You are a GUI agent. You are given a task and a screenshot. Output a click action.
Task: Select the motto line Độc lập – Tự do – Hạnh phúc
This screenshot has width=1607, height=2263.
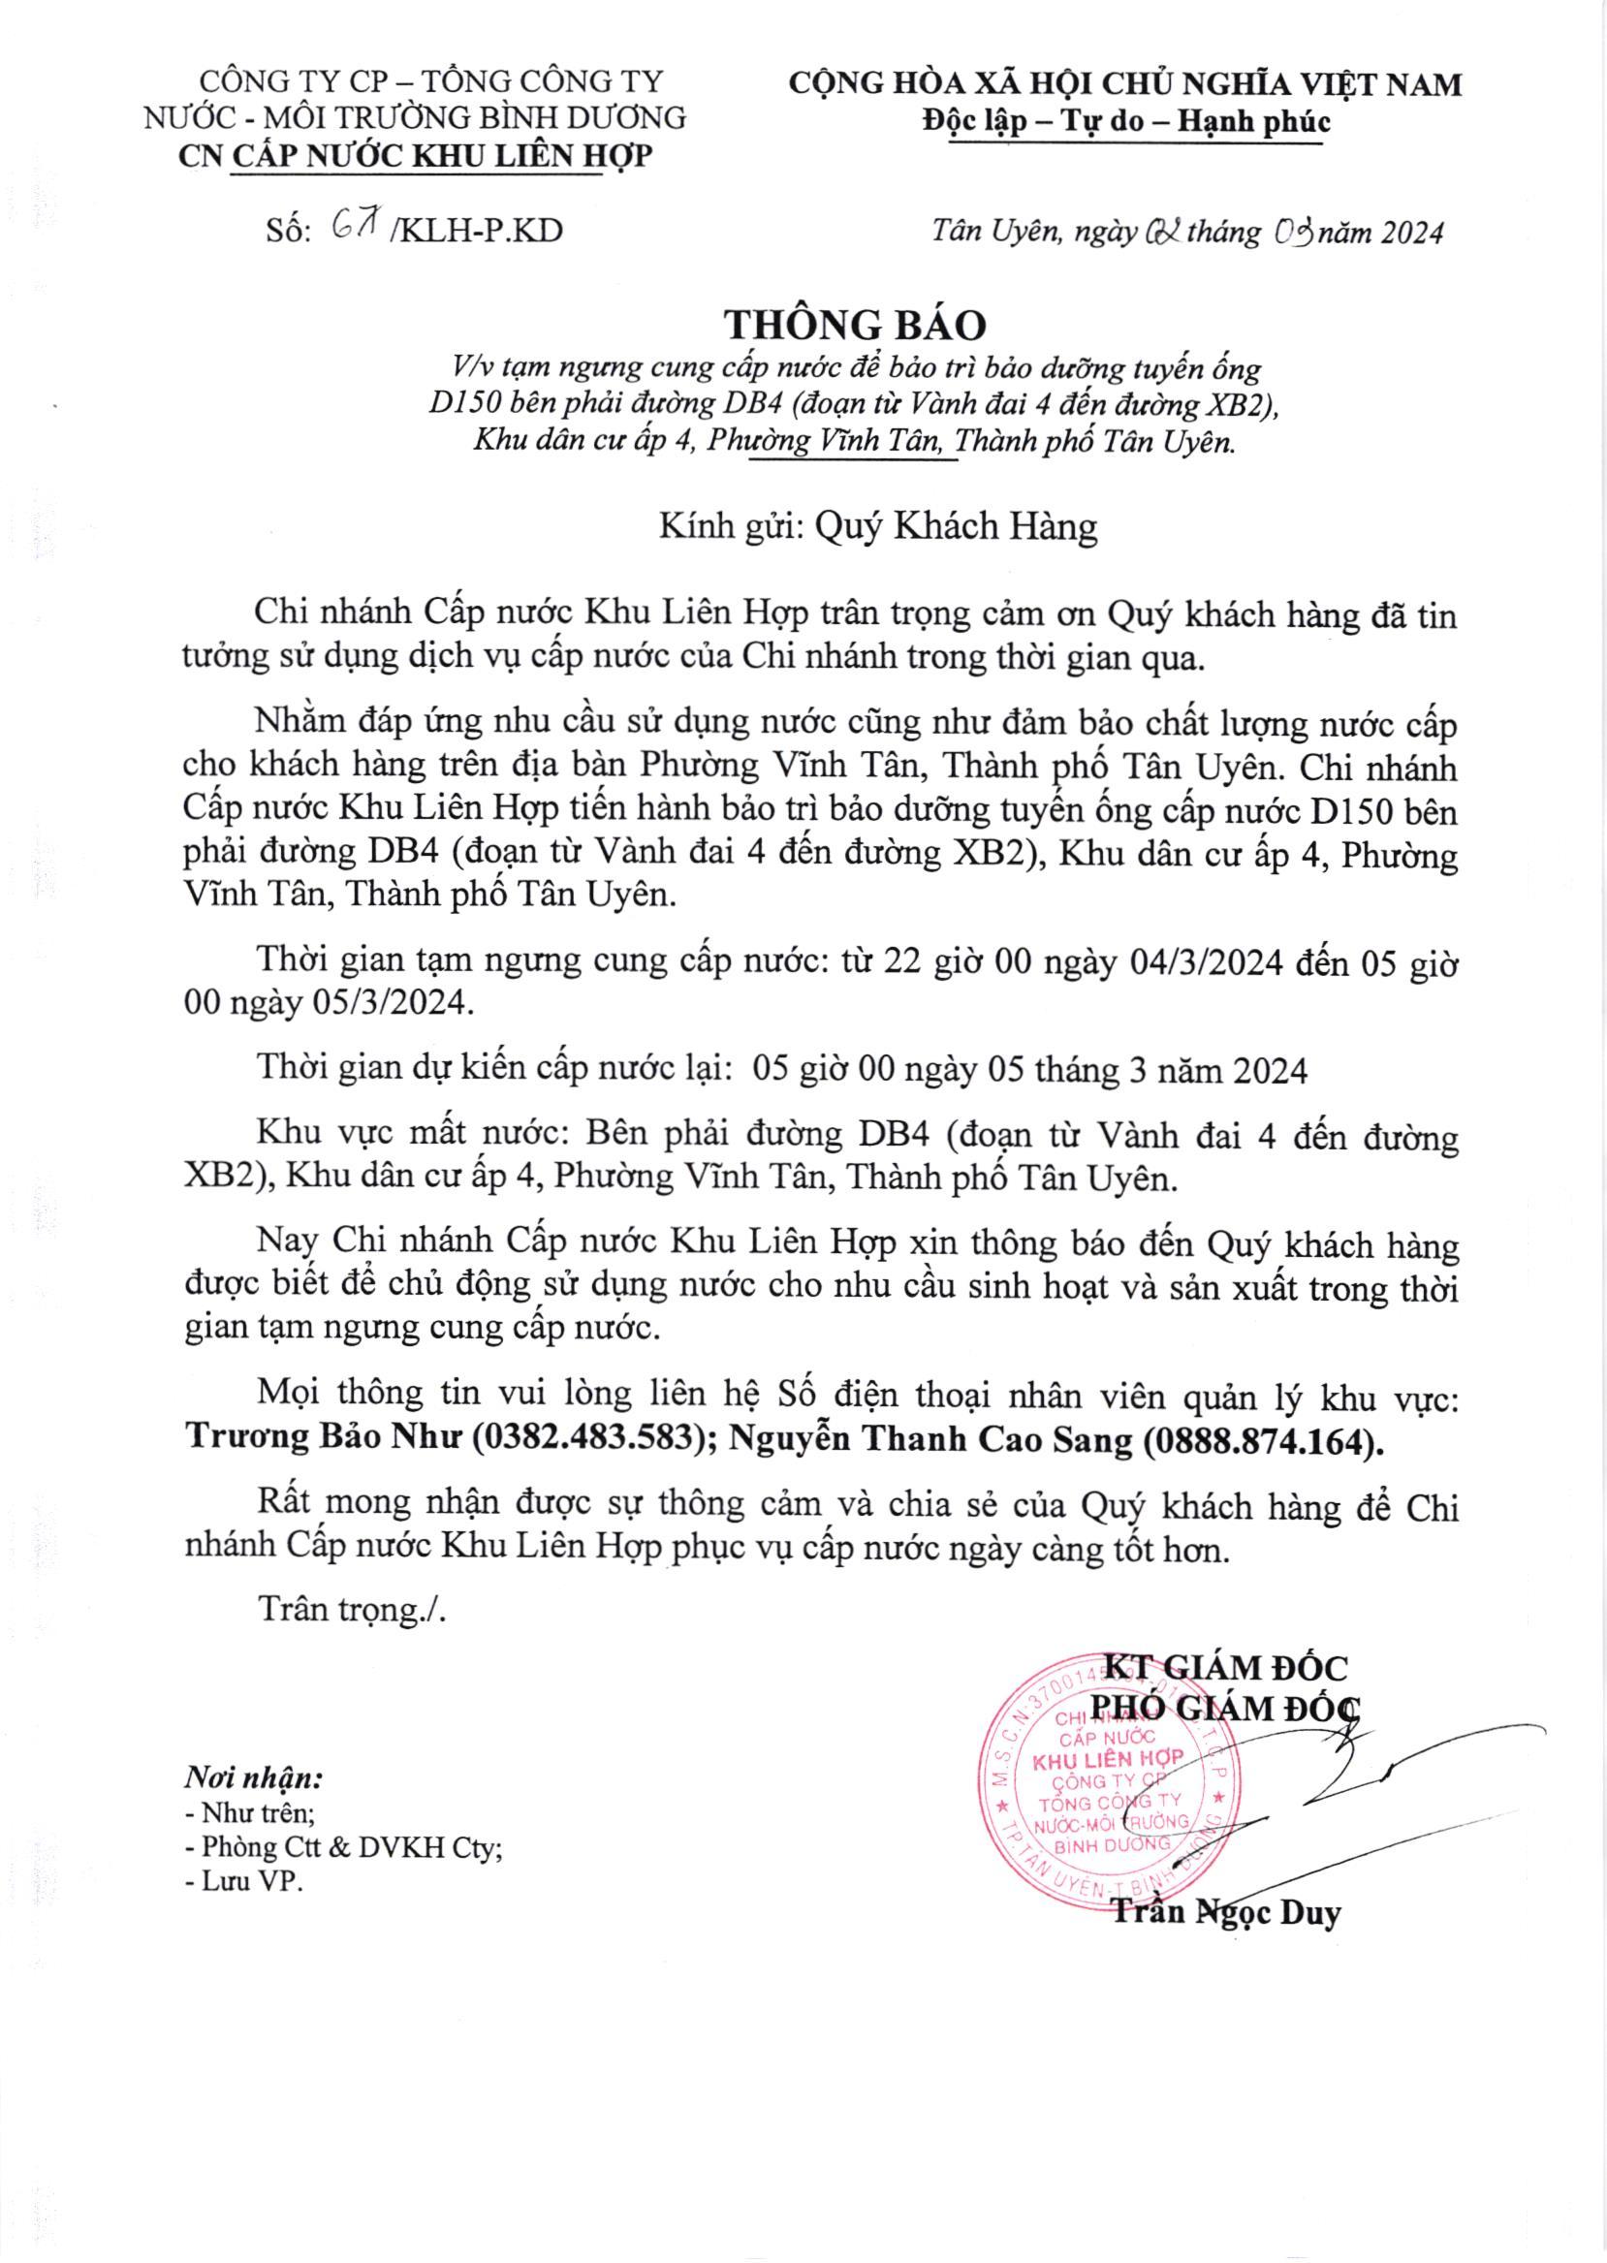click(x=1126, y=122)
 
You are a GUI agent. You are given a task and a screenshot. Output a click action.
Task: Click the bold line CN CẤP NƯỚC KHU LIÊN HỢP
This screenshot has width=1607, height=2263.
click(x=415, y=156)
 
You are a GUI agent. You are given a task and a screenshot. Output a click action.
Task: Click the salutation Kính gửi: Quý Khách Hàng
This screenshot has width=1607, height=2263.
click(x=879, y=526)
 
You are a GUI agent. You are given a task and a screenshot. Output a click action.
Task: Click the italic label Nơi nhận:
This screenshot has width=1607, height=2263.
click(x=253, y=1778)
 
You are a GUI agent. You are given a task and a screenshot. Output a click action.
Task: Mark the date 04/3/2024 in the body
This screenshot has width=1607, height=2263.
click(x=1207, y=962)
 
